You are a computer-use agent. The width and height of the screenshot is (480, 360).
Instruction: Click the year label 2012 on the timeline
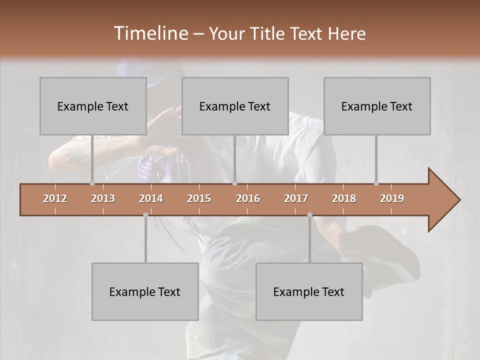pyautogui.click(x=55, y=198)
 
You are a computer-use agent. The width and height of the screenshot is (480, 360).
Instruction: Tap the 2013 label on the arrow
pyautogui.click(x=103, y=198)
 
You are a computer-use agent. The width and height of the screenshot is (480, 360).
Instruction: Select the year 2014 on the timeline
pyautogui.click(x=151, y=198)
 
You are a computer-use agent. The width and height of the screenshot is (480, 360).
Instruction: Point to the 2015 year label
pyautogui.click(x=199, y=198)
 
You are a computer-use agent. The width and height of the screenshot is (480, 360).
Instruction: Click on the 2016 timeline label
pyautogui.click(x=248, y=198)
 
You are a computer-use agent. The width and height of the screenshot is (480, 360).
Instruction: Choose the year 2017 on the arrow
pyautogui.click(x=296, y=198)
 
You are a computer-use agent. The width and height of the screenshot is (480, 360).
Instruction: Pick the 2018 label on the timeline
pyautogui.click(x=344, y=198)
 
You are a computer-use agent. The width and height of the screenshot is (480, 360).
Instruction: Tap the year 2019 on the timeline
pyautogui.click(x=392, y=198)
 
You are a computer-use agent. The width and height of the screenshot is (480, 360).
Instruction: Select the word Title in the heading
pyautogui.click(x=268, y=34)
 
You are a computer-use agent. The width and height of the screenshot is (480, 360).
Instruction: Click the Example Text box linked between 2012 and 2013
pyautogui.click(x=93, y=106)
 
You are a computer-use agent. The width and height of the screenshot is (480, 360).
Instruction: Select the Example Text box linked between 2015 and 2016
pyautogui.click(x=235, y=106)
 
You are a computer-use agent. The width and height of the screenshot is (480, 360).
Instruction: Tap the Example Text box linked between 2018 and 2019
pyautogui.click(x=377, y=106)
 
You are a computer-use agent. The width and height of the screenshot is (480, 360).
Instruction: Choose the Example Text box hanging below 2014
pyautogui.click(x=145, y=291)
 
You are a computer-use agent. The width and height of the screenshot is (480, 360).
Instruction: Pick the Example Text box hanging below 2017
pyautogui.click(x=309, y=291)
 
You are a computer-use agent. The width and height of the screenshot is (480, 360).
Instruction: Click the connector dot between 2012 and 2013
pyautogui.click(x=92, y=183)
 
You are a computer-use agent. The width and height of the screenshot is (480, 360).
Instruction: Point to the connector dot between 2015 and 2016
pyautogui.click(x=234, y=183)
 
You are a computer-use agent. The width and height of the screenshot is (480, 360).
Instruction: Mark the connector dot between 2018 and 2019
pyautogui.click(x=376, y=183)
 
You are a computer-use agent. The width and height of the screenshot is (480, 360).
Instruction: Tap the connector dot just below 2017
pyautogui.click(x=309, y=215)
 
